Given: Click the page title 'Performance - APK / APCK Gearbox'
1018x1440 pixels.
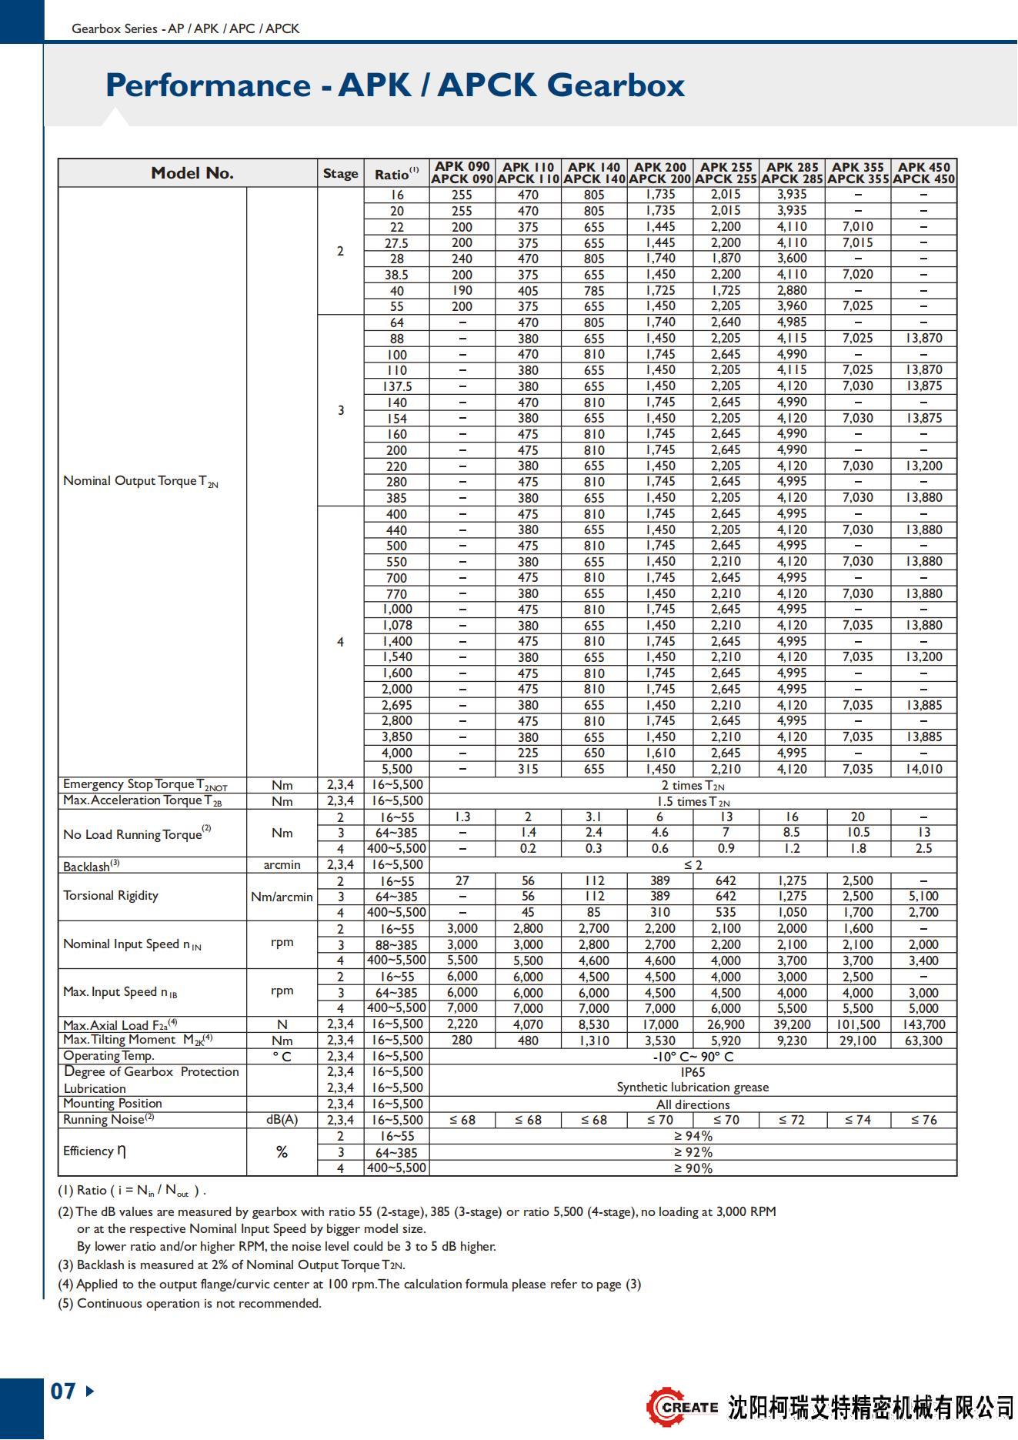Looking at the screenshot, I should (x=395, y=85).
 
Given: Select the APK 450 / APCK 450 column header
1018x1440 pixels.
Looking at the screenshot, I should (x=923, y=173).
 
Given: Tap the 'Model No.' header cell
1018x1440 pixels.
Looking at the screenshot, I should (x=192, y=173).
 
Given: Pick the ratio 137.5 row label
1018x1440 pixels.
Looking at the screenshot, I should (x=397, y=386).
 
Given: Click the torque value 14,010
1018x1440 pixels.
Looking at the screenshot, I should (x=923, y=769).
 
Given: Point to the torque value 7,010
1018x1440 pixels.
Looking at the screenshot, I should (x=857, y=226).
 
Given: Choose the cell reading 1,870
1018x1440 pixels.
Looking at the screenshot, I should (x=726, y=259).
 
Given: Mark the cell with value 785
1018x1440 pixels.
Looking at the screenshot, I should (x=594, y=291).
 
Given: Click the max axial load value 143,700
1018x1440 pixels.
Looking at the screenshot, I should (x=923, y=1024).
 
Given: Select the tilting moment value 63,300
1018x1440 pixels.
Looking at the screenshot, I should (x=923, y=1041).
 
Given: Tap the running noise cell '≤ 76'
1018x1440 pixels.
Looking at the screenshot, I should (x=923, y=1120).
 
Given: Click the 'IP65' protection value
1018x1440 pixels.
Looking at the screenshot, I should (x=693, y=1072).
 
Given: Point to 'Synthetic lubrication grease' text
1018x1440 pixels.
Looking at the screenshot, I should (x=693, y=1088).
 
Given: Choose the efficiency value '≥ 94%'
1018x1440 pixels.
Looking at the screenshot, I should (x=693, y=1136).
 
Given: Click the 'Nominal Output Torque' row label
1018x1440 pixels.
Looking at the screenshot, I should (x=141, y=482).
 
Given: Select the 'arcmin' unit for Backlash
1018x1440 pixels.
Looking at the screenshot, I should (x=282, y=865).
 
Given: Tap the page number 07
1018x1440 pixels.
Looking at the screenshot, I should (x=63, y=1392).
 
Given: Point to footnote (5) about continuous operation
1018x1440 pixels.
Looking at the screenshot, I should (x=189, y=1303).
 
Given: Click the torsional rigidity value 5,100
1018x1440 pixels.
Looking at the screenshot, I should (x=923, y=897).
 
